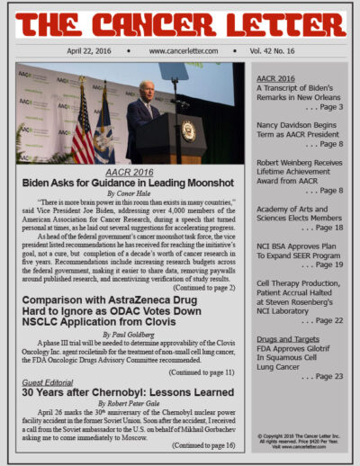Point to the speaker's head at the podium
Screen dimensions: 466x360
pyautogui.click(x=148, y=88)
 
